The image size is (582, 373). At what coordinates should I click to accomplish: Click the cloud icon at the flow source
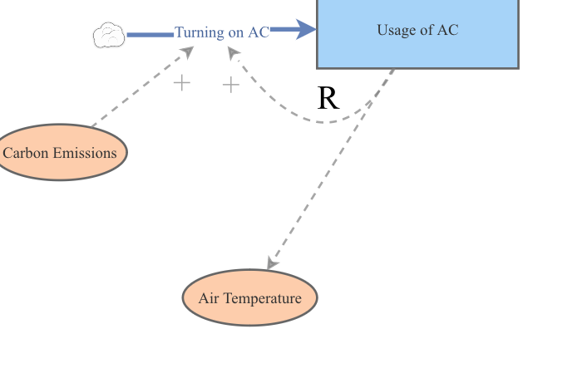tap(108, 35)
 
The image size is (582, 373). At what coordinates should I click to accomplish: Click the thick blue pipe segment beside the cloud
tap(150, 35)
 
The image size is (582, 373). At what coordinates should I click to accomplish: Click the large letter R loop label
tap(328, 99)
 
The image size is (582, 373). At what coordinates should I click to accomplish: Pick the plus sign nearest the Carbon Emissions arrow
tap(181, 82)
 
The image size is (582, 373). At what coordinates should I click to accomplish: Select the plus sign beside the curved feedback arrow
tap(230, 84)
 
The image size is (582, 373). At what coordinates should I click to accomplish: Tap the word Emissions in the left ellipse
tap(85, 153)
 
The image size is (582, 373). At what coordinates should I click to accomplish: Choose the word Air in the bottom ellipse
tap(210, 297)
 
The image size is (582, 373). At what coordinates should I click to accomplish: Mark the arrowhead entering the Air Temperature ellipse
tap(271, 263)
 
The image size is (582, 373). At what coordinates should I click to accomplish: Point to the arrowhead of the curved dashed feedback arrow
tap(234, 53)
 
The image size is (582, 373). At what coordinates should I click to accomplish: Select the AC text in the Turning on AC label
tap(259, 32)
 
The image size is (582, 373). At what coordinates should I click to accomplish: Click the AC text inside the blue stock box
tap(448, 31)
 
